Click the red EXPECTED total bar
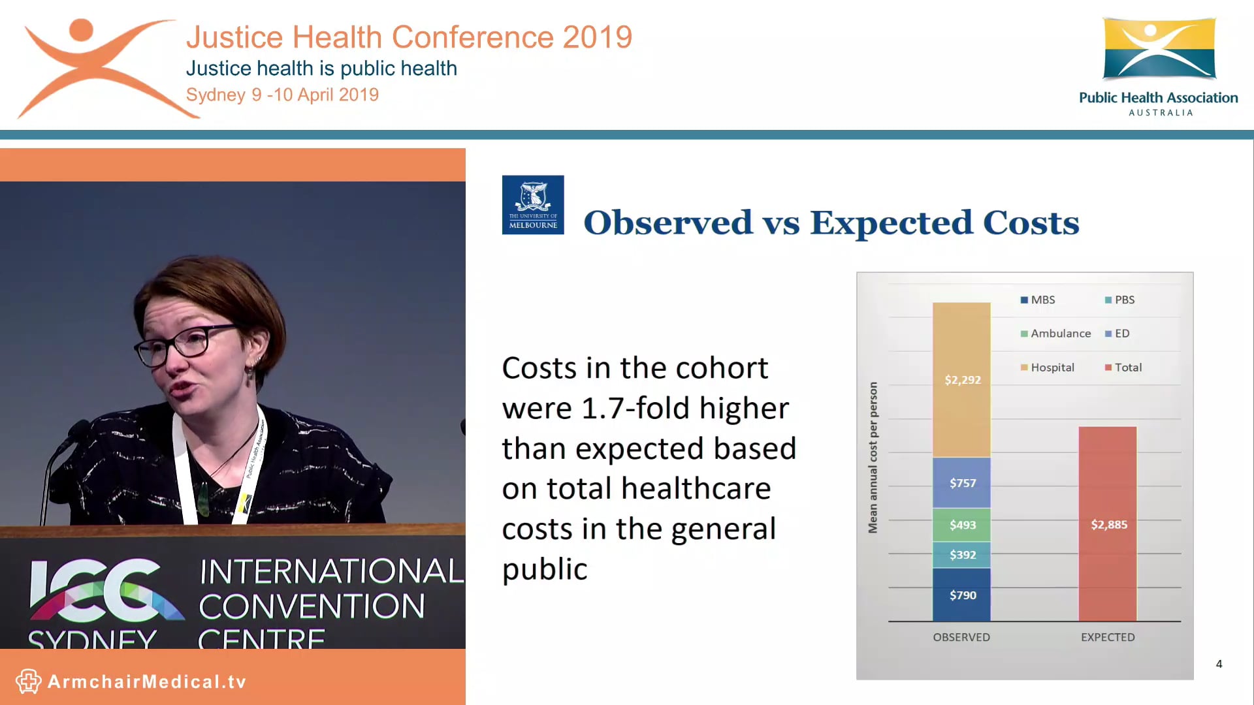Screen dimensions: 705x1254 1108,524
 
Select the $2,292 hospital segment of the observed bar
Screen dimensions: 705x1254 961,379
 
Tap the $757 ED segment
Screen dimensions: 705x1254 961,482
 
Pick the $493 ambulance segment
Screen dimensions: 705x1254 961,525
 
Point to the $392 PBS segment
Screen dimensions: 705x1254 961,555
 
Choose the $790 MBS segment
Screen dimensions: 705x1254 961,595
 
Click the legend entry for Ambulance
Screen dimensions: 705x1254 1055,334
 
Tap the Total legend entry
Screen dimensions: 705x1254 1123,368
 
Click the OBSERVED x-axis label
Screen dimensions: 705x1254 961,637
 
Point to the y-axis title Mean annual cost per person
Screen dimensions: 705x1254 873,457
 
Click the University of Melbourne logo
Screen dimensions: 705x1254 533,204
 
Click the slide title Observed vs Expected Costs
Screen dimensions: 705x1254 831,223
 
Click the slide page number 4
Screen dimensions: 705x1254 1219,664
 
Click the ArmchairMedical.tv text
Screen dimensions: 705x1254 147,682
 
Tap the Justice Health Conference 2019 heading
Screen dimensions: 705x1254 410,37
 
